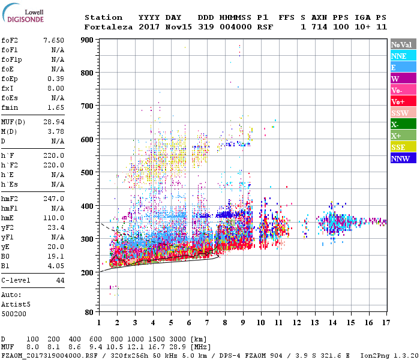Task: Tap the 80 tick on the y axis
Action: tap(89, 312)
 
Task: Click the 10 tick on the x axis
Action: tap(261, 323)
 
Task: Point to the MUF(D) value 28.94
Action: tap(53, 122)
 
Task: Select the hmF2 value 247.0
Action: tap(53, 199)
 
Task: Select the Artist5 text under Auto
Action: tap(15, 304)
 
